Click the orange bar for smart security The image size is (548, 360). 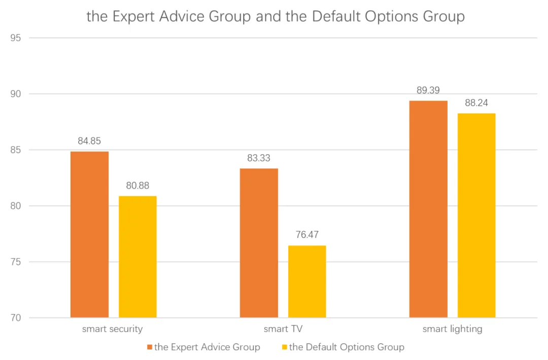[x=89, y=234]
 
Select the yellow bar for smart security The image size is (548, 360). [x=138, y=257]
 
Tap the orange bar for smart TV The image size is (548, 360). [x=259, y=243]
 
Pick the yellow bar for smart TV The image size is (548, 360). [x=307, y=281]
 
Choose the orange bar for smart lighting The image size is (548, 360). [x=428, y=209]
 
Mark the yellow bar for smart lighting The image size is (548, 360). [x=476, y=215]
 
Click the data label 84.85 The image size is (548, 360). [x=89, y=141]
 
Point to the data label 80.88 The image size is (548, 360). [x=138, y=186]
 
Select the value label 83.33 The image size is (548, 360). [x=259, y=158]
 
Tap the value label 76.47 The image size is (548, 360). [x=307, y=235]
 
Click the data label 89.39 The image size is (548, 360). [x=428, y=90]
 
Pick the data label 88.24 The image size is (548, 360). [x=476, y=103]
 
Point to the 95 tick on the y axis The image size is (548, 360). [x=17, y=38]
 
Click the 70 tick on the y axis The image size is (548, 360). [x=17, y=318]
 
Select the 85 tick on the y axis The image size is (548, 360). [x=17, y=150]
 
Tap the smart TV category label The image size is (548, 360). [x=283, y=329]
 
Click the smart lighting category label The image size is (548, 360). [x=452, y=329]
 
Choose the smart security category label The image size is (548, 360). [x=113, y=329]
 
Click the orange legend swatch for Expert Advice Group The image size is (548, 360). [x=150, y=347]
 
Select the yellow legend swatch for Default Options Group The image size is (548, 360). [x=285, y=347]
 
